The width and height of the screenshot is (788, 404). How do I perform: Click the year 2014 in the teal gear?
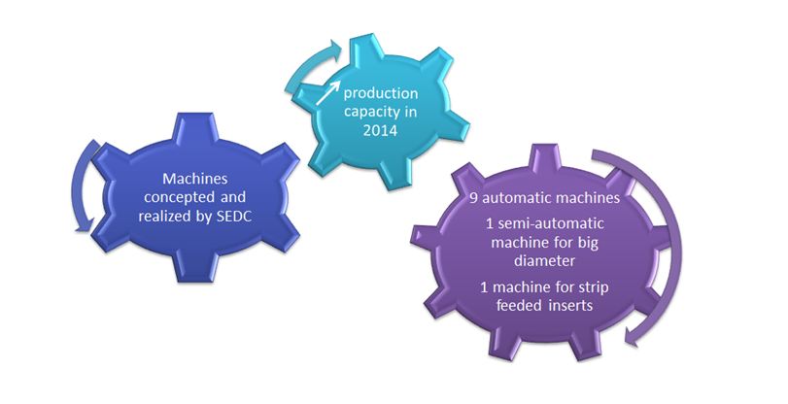pos(381,130)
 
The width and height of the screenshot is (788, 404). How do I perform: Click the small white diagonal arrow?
pos(328,93)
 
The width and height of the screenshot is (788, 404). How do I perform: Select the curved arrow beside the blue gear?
pos(81,186)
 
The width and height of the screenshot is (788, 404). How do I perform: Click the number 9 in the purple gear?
pos(474,198)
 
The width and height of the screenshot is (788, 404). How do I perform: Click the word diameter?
pos(546,261)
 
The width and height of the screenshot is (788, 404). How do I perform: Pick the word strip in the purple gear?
pos(596,287)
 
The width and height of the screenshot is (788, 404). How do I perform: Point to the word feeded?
pos(519,305)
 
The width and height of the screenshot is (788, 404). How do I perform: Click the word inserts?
pos(571,305)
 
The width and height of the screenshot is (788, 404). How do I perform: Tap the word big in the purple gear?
pos(587,243)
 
